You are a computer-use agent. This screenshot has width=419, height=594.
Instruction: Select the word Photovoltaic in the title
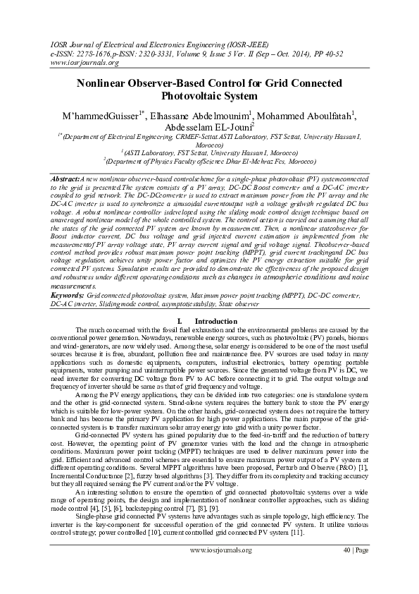point(193,95)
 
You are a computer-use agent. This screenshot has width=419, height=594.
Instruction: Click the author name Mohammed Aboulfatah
point(304,116)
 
